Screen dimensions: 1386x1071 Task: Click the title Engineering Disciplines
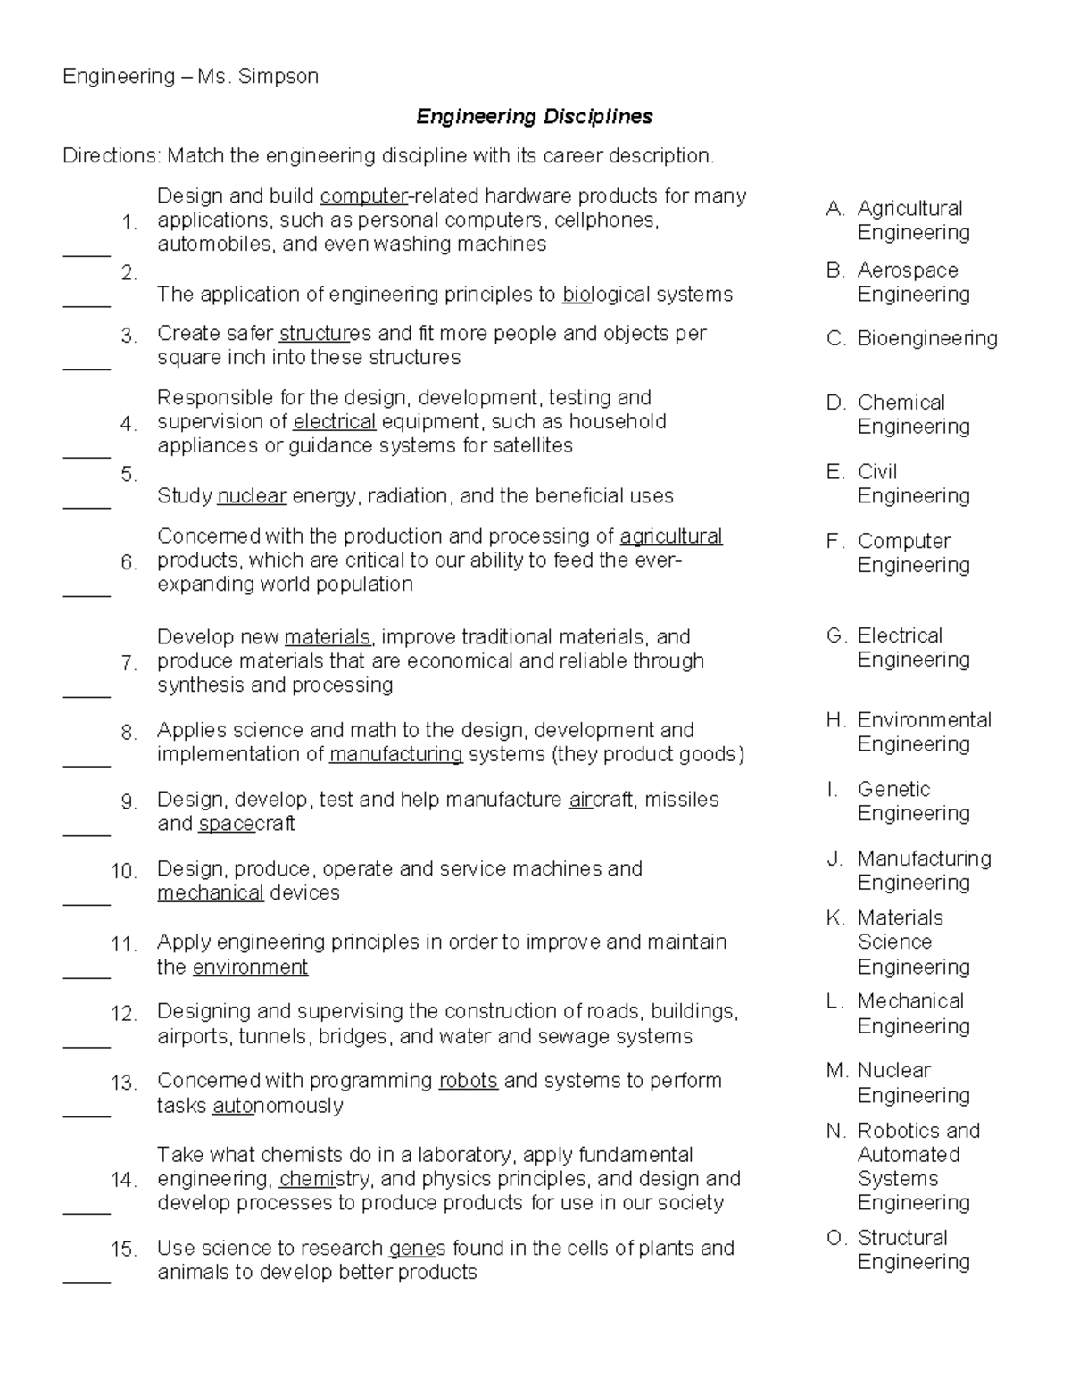click(535, 117)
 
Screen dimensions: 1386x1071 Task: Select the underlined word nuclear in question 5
click(252, 496)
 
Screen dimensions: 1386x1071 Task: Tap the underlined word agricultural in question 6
click(670, 536)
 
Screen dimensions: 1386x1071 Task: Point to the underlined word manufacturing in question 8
click(395, 755)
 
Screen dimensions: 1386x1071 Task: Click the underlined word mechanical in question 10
click(210, 893)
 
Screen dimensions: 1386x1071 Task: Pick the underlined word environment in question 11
click(250, 967)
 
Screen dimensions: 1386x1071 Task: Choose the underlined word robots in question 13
click(468, 1081)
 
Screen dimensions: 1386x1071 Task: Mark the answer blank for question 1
click(87, 254)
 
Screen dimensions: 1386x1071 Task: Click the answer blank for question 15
click(87, 1281)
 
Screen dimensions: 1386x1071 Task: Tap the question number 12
click(123, 1014)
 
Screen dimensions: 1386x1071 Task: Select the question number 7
click(129, 663)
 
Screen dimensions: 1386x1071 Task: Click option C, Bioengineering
click(926, 338)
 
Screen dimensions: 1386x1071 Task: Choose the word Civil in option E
click(876, 472)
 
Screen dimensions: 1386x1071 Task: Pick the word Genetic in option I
click(893, 790)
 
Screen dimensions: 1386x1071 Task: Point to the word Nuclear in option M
click(893, 1070)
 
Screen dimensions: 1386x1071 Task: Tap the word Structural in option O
click(902, 1238)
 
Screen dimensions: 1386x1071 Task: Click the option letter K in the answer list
click(834, 918)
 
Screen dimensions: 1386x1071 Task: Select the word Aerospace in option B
click(907, 270)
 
